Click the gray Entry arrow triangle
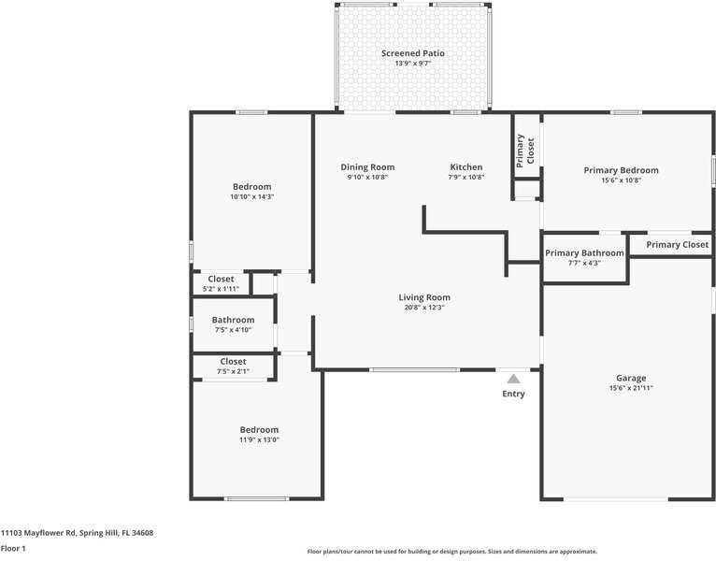coord(514,379)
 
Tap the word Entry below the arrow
coord(514,394)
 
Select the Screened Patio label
coord(413,53)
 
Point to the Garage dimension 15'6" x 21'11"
coord(631,388)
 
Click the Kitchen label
coord(466,167)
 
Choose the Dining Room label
coord(367,167)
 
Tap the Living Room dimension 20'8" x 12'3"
coord(424,308)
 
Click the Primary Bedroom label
coord(621,170)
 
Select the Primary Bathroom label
coord(584,253)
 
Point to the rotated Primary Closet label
coord(525,151)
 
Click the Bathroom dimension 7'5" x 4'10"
coord(233,330)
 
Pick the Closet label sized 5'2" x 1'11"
coord(221,279)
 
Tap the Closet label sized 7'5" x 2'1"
coord(233,361)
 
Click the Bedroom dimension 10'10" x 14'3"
coord(252,197)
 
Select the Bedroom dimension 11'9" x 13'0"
coord(259,440)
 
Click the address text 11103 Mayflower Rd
coord(38,533)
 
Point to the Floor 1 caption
coord(13,548)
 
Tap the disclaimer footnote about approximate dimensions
coord(452,552)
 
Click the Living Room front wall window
coord(415,370)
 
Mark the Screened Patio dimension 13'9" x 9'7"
coord(413,64)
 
